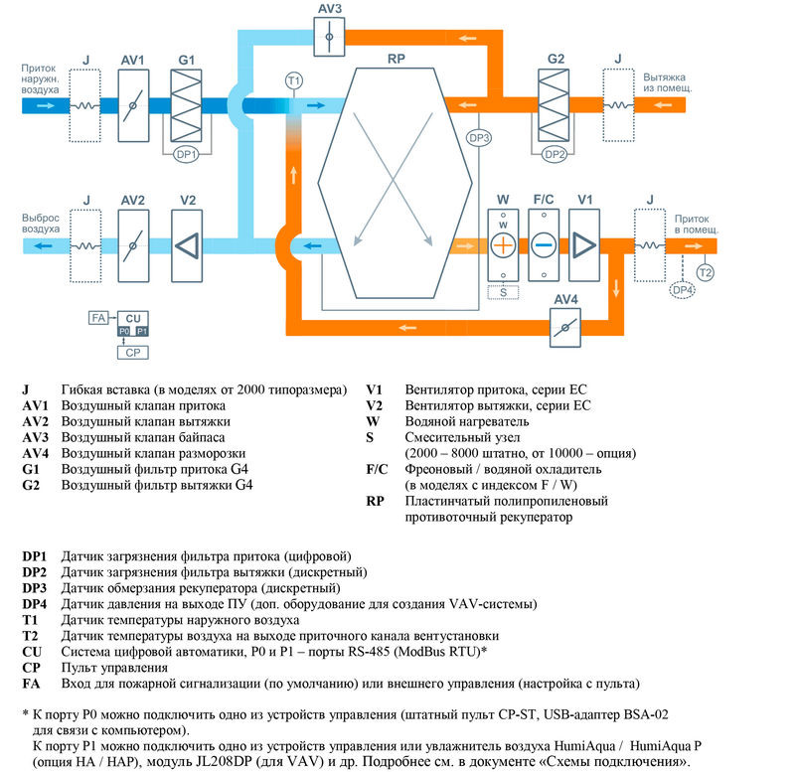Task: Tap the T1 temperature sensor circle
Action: pos(293,79)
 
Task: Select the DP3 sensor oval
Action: pos(479,138)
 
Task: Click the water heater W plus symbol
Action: pos(503,244)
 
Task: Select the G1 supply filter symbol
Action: pos(187,104)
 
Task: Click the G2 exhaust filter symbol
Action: pos(555,104)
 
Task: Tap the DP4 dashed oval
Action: pos(684,290)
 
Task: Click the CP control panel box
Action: pos(131,351)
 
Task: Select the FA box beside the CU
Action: pos(97,318)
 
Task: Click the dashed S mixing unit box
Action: pos(503,292)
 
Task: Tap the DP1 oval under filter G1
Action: pos(187,154)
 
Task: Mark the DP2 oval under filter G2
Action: pos(555,154)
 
